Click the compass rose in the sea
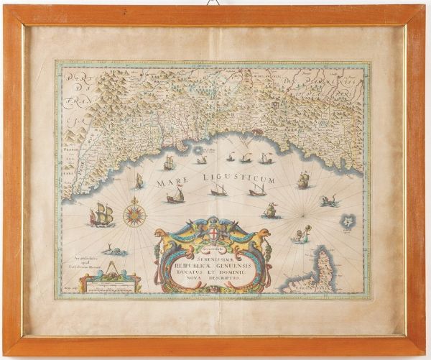point(134,213)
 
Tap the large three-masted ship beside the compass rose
point(101,214)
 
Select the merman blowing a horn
point(299,235)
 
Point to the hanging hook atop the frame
point(213,4)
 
